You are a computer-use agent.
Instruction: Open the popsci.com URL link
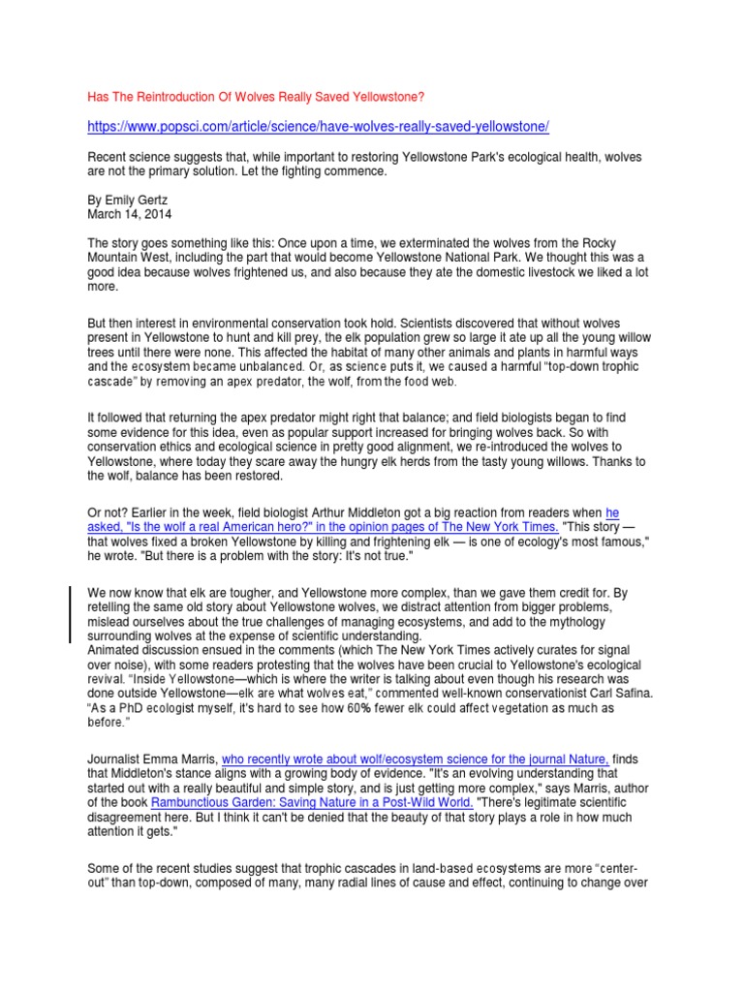click(319, 128)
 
